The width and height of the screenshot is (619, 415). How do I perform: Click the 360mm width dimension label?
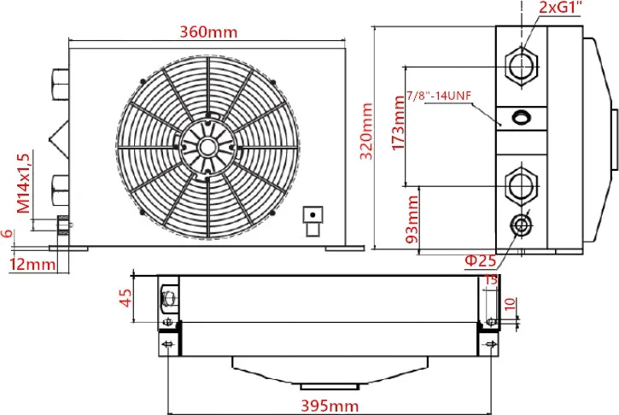[207, 32]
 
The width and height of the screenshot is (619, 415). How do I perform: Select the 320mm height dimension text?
[368, 137]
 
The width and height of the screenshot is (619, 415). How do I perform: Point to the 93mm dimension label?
[412, 218]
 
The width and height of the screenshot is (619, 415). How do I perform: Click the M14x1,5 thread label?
[23, 182]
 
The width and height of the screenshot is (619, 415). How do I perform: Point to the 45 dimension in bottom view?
[125, 300]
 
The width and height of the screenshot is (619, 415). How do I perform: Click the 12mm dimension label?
[32, 265]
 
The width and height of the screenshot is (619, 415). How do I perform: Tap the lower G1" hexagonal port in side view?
[521, 183]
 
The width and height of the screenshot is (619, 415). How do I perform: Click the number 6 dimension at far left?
[8, 233]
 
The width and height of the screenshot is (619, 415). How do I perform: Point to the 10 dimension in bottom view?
[509, 304]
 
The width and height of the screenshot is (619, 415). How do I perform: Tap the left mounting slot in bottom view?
[167, 343]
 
